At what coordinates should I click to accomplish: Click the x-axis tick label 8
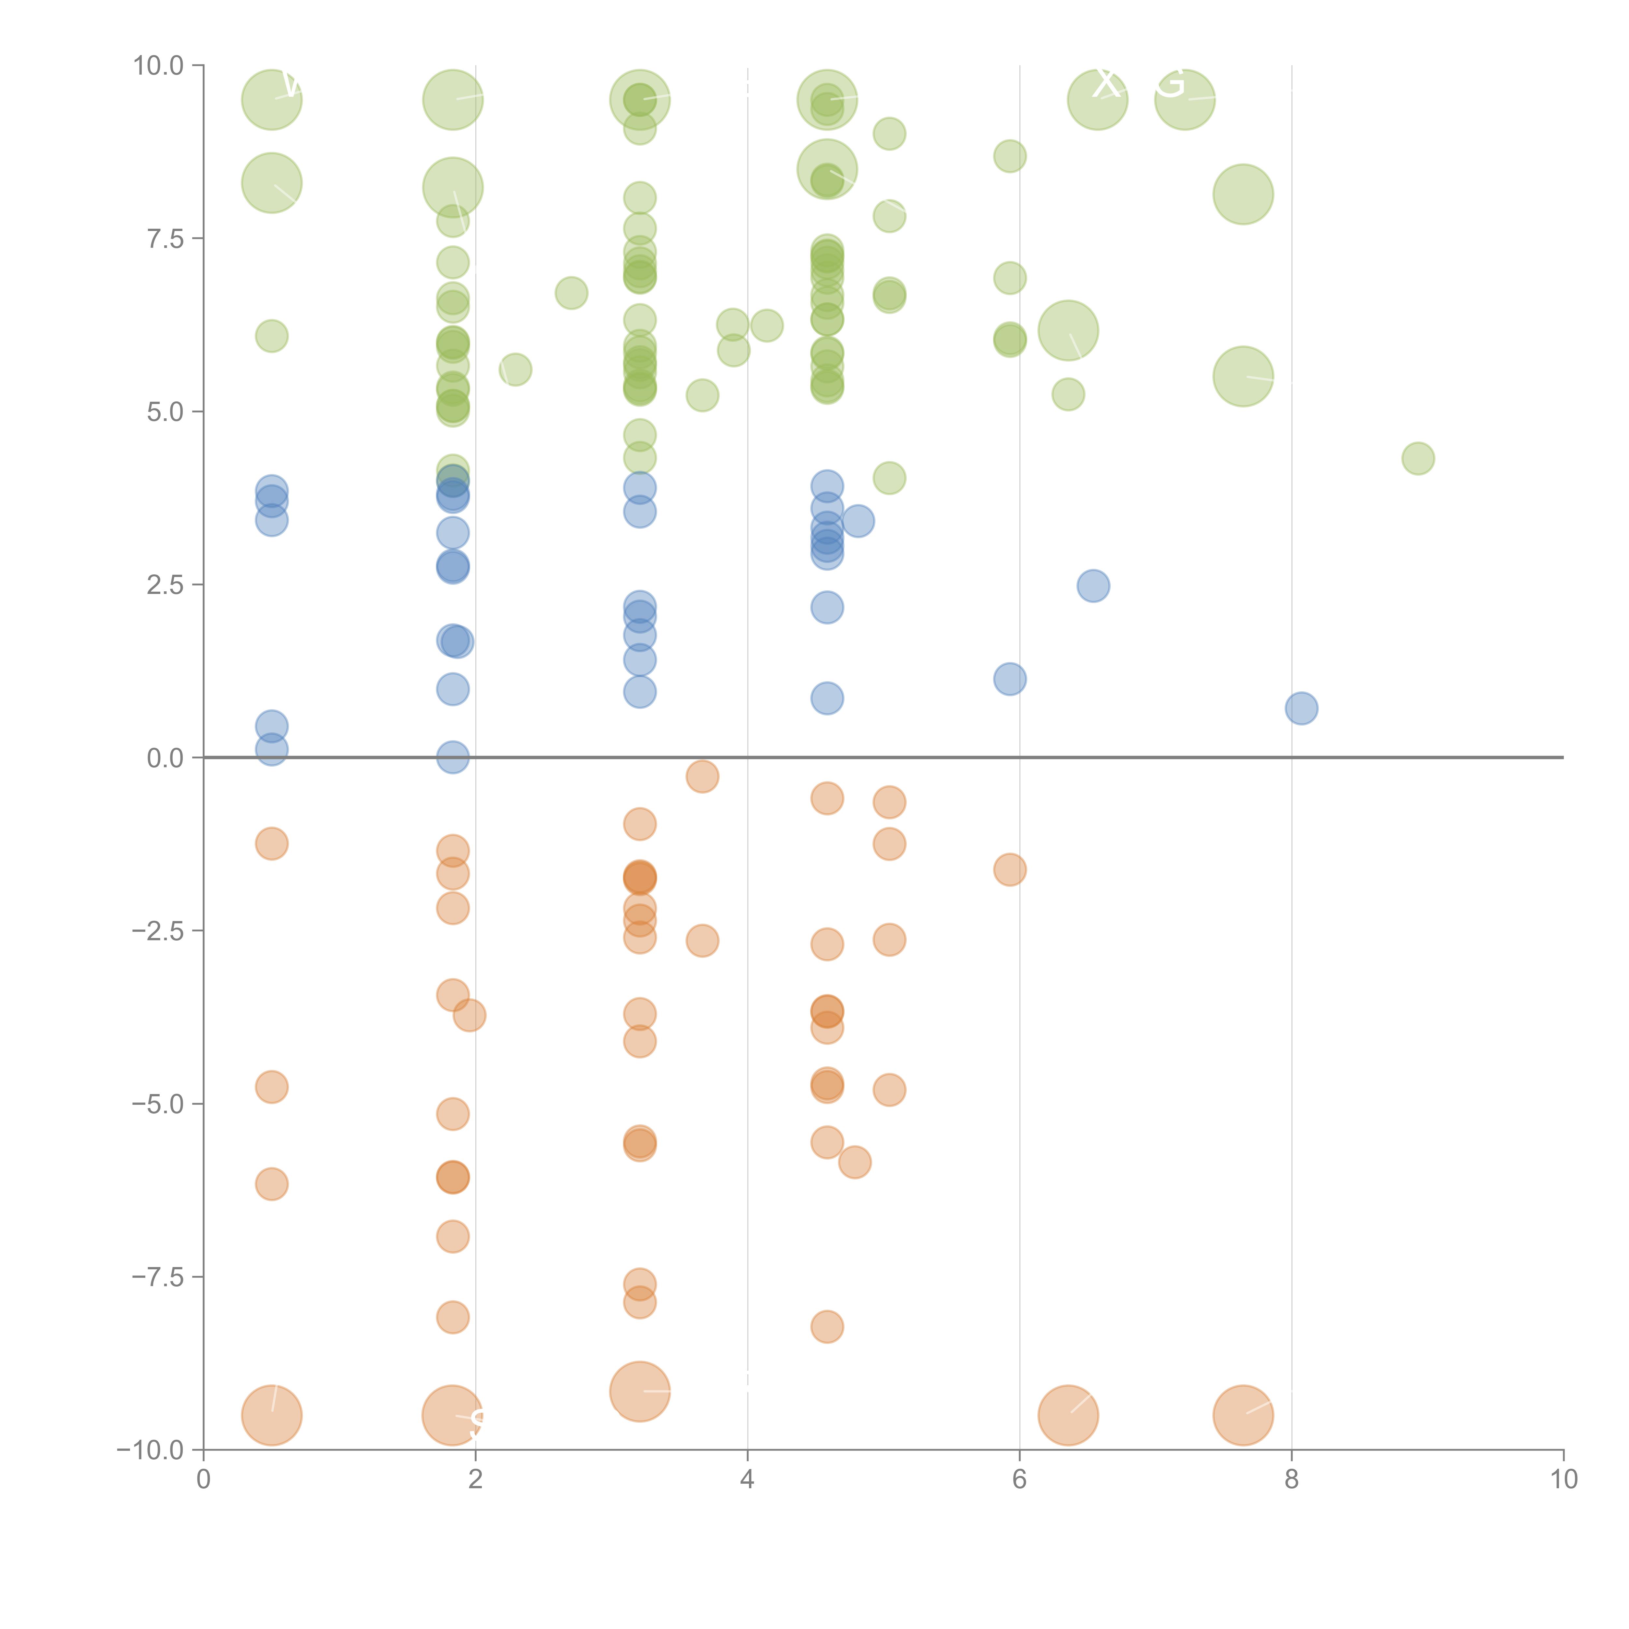coord(1292,1480)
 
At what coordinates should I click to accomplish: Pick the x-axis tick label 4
coord(747,1480)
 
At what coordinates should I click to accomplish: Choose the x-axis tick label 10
coord(1563,1480)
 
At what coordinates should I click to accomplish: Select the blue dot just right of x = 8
coord(1302,708)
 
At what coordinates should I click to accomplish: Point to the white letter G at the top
coord(1171,83)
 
